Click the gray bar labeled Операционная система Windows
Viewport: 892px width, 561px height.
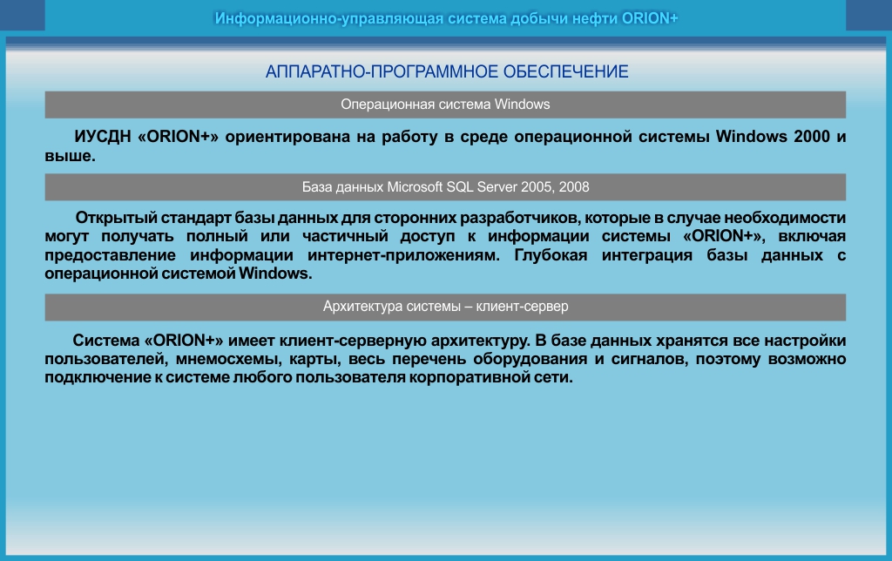pyautogui.click(x=445, y=105)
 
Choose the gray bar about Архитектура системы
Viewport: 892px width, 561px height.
pyautogui.click(x=445, y=308)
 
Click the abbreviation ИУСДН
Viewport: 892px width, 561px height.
pyautogui.click(x=103, y=137)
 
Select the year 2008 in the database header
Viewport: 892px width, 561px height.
pyautogui.click(x=574, y=187)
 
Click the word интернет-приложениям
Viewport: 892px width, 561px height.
pyautogui.click(x=403, y=255)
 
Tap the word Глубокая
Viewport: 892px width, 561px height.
pyautogui.click(x=551, y=255)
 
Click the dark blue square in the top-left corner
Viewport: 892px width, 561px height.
pyautogui.click(x=22, y=16)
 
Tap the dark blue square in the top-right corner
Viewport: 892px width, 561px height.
pyautogui.click(x=868, y=16)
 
